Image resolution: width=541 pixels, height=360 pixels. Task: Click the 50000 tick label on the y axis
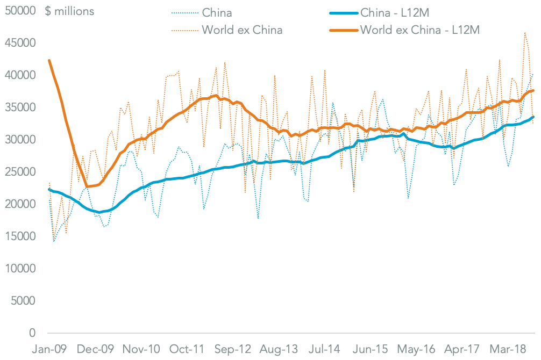(20, 11)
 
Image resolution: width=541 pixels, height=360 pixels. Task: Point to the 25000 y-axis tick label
(20, 172)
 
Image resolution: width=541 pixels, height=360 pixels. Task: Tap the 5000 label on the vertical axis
(24, 301)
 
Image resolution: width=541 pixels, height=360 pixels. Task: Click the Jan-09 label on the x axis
(49, 349)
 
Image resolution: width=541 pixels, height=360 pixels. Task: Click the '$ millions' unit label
(70, 11)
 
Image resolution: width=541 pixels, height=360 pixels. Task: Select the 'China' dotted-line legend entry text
(217, 12)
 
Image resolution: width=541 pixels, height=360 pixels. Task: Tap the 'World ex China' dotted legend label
(242, 30)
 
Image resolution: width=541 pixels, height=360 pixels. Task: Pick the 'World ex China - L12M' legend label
(419, 30)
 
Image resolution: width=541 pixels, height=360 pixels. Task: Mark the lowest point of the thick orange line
(87, 186)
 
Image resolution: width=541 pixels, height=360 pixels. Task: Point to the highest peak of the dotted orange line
(525, 33)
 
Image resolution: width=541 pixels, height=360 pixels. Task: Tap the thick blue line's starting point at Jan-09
(49, 189)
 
